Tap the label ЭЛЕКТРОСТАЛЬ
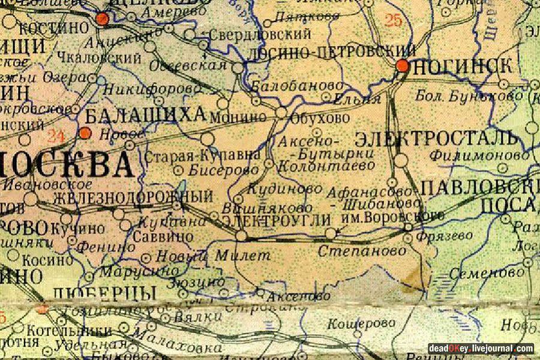pyautogui.click(x=436, y=139)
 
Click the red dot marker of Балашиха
pyautogui.click(x=86, y=133)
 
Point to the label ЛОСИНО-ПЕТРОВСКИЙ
pyautogui.click(x=332, y=53)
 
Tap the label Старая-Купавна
pyautogui.click(x=203, y=157)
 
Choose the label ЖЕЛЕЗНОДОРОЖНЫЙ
pyautogui.click(x=133, y=197)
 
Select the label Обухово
pyautogui.click(x=319, y=118)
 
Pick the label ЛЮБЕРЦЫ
pyautogui.click(x=104, y=293)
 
